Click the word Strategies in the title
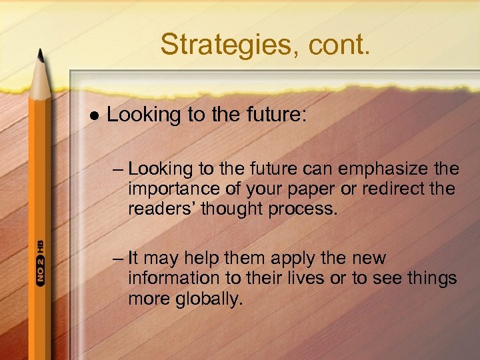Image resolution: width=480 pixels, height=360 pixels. coord(215,45)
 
